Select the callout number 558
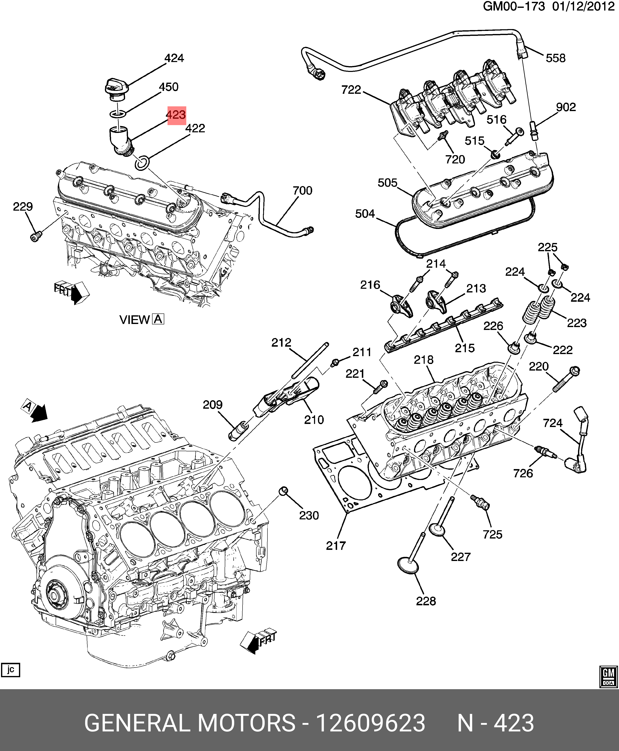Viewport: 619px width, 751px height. pyautogui.click(x=556, y=58)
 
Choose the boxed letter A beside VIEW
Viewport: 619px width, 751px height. pyautogui.click(x=158, y=319)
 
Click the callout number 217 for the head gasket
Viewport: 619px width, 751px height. pyautogui.click(x=336, y=545)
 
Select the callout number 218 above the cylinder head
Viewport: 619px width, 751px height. pyautogui.click(x=424, y=360)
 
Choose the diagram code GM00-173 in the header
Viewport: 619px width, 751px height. pyautogui.click(x=514, y=7)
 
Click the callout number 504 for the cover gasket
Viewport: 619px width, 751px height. pyautogui.click(x=365, y=214)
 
